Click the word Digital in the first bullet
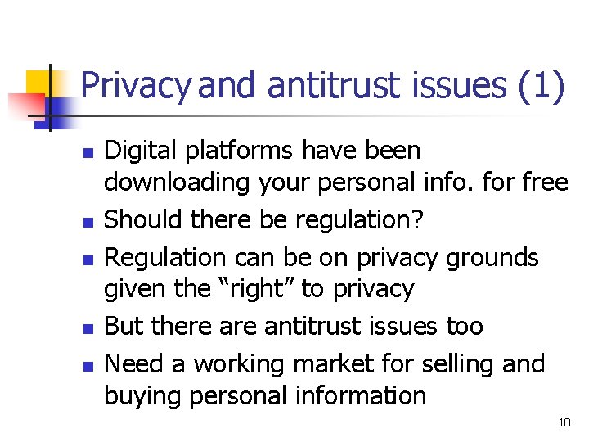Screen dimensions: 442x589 pos(136,151)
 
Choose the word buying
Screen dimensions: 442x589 pos(142,396)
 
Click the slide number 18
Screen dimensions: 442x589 pos(564,422)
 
